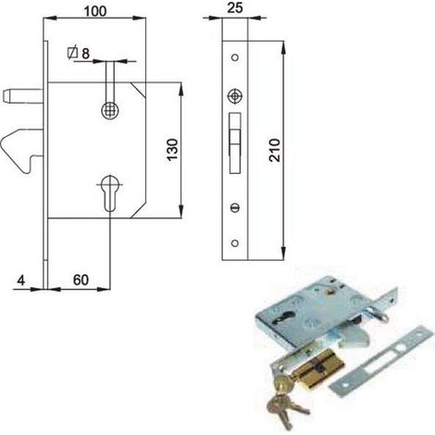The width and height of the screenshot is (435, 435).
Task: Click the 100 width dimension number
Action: (x=95, y=11)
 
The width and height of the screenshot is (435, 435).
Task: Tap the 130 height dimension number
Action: (x=172, y=150)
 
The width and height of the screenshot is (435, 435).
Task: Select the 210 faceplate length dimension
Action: (x=274, y=150)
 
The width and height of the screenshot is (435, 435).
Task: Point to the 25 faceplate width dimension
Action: (x=235, y=7)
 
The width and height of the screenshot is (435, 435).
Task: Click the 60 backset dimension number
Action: (x=81, y=280)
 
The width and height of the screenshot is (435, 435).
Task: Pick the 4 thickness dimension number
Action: (x=20, y=280)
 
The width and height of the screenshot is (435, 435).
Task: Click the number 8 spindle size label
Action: (x=85, y=54)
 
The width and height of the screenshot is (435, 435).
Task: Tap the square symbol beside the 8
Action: (x=72, y=53)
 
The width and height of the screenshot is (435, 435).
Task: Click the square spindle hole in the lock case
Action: (x=110, y=110)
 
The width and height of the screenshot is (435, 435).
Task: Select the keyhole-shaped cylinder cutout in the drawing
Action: (x=110, y=193)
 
